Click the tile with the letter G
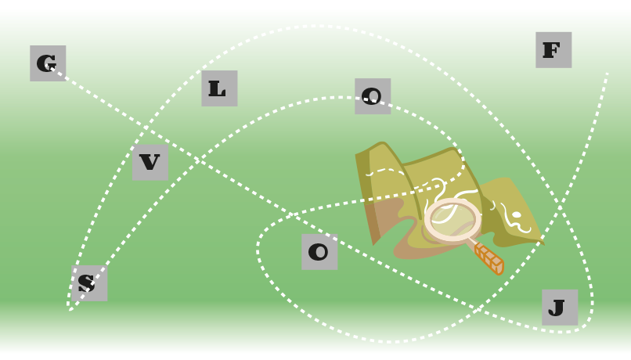[x=48, y=63]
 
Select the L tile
[x=219, y=88]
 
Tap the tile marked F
[x=553, y=50]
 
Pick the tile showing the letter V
[x=150, y=163]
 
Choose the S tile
[x=89, y=283]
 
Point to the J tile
[x=560, y=308]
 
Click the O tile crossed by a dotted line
[x=373, y=96]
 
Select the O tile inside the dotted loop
[x=319, y=252]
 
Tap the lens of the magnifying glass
[x=453, y=219]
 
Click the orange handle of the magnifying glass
[x=489, y=258]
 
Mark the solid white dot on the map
[x=517, y=215]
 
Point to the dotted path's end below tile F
[x=607, y=74]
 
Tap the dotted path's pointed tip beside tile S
[x=70, y=310]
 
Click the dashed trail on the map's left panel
[x=385, y=171]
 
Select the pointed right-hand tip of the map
[x=544, y=243]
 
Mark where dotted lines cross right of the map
[x=561, y=207]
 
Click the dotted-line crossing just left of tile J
[x=478, y=309]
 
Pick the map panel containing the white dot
[x=510, y=211]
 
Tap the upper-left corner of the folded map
[x=355, y=155]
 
